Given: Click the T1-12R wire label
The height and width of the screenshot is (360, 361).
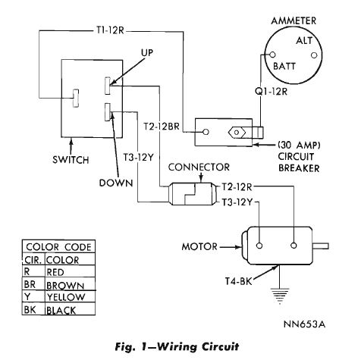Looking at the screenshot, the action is point(110,30).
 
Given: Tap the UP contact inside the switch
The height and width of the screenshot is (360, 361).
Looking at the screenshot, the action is point(108,86).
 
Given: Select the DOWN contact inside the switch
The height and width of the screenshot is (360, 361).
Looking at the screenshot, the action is point(108,111).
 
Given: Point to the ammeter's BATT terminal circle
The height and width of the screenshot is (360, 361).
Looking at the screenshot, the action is point(272,55).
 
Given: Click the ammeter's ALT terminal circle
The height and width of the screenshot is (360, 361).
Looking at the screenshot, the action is point(314,55).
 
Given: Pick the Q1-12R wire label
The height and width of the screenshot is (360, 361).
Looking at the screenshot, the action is point(271,92).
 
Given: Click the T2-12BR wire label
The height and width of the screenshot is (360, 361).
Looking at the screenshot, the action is point(162,127).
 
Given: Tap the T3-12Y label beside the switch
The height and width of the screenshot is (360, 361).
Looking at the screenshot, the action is point(138,158).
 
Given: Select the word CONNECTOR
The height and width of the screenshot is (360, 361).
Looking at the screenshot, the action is point(199,167).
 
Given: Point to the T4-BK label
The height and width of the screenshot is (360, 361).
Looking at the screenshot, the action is point(239,281).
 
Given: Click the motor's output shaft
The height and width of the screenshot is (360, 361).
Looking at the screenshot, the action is point(321,246).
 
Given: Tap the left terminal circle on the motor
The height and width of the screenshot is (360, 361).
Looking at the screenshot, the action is point(259,246).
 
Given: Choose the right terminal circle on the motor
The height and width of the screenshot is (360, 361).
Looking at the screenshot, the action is point(294,246).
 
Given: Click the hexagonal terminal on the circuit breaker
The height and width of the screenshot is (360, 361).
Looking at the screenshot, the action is point(237,133).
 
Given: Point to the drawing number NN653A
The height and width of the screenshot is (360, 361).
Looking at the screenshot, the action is point(305,324).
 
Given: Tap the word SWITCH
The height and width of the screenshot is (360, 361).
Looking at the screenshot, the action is point(71,160).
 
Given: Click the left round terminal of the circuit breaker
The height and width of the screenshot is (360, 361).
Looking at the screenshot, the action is point(206,132).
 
